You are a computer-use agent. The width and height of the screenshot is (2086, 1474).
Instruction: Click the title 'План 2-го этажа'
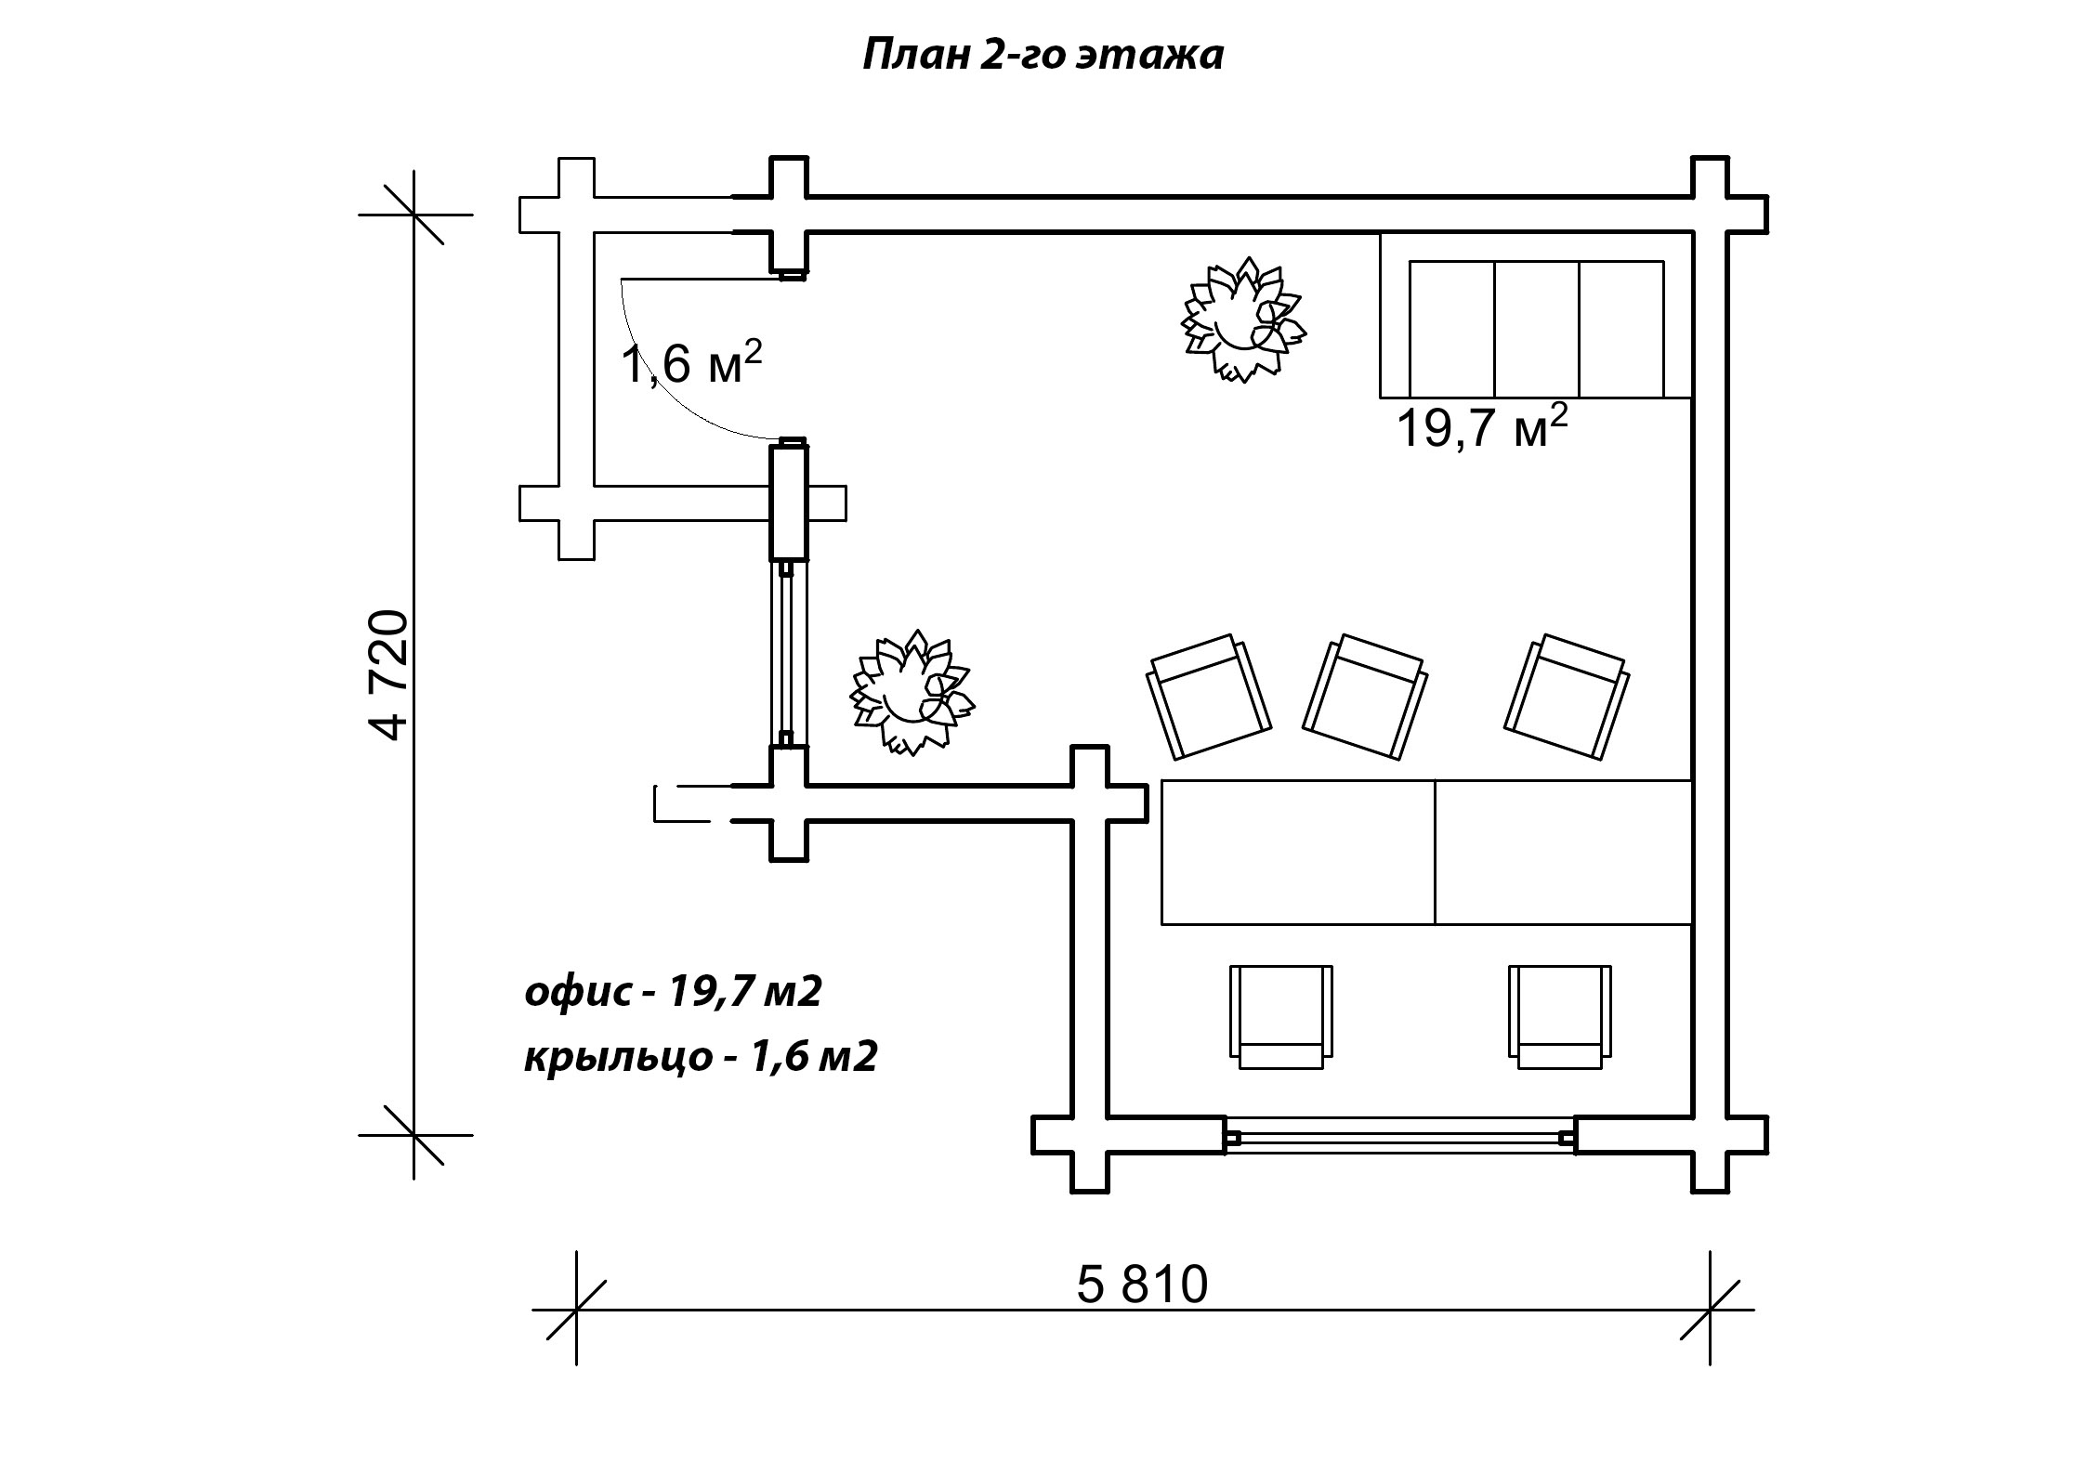pyautogui.click(x=1043, y=56)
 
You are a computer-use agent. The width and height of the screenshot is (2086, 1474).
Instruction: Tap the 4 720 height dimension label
pyautogui.click(x=388, y=674)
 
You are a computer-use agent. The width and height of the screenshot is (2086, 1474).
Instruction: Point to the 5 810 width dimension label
pyautogui.click(x=1142, y=1285)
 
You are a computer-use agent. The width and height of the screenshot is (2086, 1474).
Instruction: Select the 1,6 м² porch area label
pyautogui.click(x=692, y=362)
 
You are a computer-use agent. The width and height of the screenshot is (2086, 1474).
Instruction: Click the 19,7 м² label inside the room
pyautogui.click(x=1482, y=427)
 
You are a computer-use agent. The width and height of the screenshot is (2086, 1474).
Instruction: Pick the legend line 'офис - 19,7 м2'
pyautogui.click(x=674, y=993)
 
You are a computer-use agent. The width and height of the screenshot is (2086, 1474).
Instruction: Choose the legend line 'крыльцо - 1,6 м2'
pyautogui.click(x=702, y=1057)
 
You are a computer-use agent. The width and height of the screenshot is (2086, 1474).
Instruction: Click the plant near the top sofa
pyautogui.click(x=1243, y=320)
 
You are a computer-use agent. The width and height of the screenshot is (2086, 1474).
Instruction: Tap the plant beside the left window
pyautogui.click(x=912, y=692)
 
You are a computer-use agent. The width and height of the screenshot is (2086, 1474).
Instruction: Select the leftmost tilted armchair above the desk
pyautogui.click(x=1208, y=696)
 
